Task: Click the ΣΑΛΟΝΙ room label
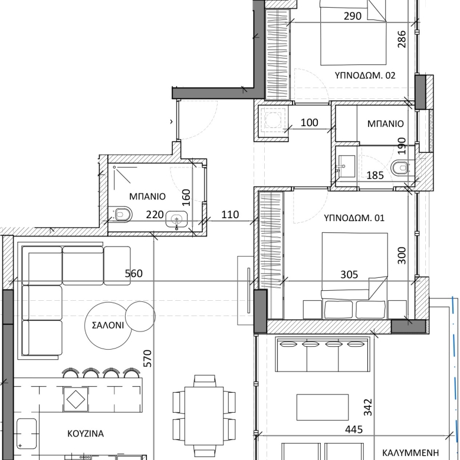[108, 326]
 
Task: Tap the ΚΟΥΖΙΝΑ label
[86, 433]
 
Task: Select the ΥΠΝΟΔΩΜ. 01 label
[354, 218]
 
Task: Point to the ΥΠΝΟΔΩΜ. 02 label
[365, 75]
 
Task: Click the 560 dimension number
[134, 274]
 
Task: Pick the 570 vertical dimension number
[147, 358]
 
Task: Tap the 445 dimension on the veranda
[354, 429]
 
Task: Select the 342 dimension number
[368, 407]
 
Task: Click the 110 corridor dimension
[230, 215]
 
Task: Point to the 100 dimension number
[310, 123]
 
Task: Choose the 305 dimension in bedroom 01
[349, 275]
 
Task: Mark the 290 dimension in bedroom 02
[353, 16]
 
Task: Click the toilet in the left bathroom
[120, 214]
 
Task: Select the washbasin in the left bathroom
[176, 219]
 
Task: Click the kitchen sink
[27, 433]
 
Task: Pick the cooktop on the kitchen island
[75, 399]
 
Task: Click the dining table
[204, 416]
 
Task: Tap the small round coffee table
[140, 316]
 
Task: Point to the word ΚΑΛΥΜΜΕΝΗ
[410, 453]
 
